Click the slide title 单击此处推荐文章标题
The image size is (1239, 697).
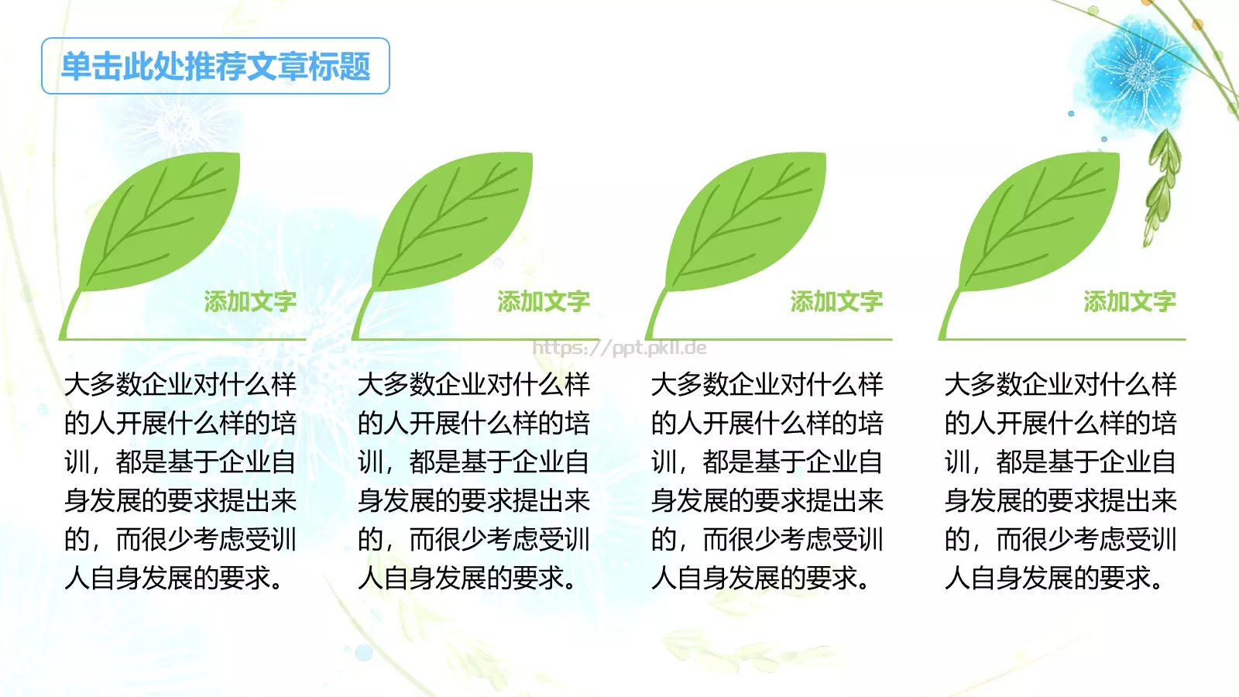[215, 67]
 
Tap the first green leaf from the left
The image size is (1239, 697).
[163, 221]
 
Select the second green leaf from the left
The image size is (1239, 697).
[456, 221]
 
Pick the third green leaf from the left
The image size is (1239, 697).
[750, 221]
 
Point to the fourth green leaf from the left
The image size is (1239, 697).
[1043, 221]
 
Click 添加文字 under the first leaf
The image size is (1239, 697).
[250, 301]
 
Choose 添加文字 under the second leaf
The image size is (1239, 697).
[544, 301]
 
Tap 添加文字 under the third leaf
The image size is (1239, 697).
[836, 301]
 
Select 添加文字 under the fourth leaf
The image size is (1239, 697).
[1130, 301]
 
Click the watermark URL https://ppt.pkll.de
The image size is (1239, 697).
[619, 348]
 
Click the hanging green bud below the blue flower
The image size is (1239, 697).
[1162, 186]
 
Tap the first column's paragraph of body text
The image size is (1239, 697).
[180, 481]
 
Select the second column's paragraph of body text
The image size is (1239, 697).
[474, 481]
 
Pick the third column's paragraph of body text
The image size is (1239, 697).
[767, 481]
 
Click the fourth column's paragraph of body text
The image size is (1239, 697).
[1060, 481]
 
